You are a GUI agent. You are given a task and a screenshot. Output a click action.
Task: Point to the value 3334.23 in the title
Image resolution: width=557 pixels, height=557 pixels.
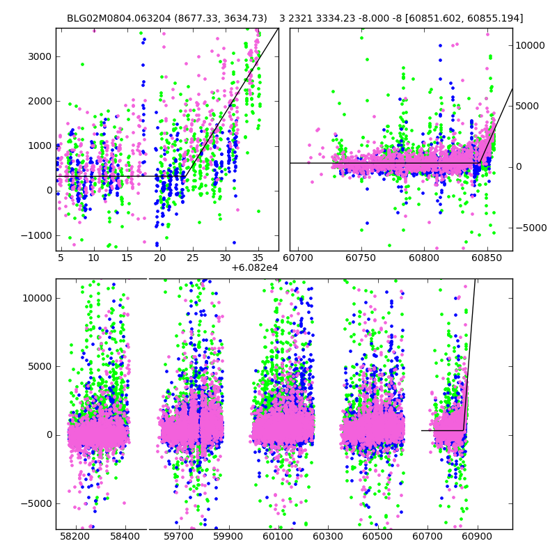pyautogui.click(x=336, y=18)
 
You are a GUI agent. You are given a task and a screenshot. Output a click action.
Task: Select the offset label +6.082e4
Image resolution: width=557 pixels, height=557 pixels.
pyautogui.click(x=255, y=267)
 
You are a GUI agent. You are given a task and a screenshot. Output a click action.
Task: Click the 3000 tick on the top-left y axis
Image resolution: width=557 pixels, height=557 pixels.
pyautogui.click(x=41, y=56)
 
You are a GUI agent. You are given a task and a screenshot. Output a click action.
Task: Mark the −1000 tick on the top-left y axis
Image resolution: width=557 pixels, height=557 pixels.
pyautogui.click(x=39, y=235)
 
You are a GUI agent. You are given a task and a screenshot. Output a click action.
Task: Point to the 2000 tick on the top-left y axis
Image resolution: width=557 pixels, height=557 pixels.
pyautogui.click(x=41, y=101)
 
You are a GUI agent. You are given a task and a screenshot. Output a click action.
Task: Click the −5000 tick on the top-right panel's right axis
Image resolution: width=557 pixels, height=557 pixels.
pyautogui.click(x=531, y=228)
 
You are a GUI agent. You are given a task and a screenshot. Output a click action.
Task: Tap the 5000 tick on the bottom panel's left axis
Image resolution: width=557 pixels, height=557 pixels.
pyautogui.click(x=41, y=366)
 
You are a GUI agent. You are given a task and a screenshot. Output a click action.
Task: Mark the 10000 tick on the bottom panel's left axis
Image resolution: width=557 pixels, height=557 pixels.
pyautogui.click(x=38, y=298)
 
